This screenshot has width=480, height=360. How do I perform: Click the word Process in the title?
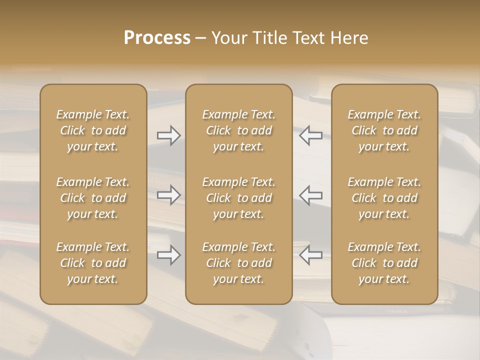point(157,38)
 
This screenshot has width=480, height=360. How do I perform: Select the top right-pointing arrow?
point(168,135)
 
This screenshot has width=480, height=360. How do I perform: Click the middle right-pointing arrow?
point(168,195)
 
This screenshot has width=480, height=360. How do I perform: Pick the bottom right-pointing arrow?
point(168,255)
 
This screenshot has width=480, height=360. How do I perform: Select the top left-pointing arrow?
point(311,135)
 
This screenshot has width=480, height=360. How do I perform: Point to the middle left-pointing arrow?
point(311,195)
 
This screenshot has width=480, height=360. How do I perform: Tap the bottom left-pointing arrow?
point(311,255)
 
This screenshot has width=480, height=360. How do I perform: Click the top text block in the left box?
point(93,130)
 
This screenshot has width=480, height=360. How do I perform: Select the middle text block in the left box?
point(93,198)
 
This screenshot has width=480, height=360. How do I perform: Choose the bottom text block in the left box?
point(93,263)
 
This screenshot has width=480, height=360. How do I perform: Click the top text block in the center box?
point(239,130)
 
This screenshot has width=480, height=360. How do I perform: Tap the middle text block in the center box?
point(239,198)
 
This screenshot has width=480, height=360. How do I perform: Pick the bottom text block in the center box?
point(239,263)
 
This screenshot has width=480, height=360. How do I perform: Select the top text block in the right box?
point(384,130)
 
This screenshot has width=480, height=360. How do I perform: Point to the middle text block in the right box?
point(384,198)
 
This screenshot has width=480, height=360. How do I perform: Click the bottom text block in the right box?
point(384,263)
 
